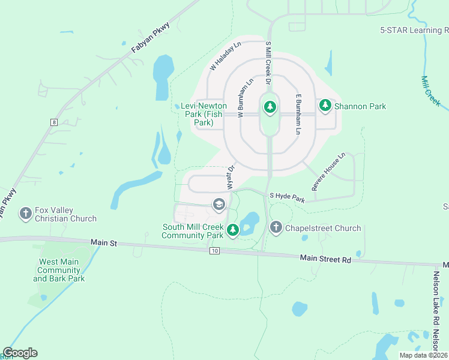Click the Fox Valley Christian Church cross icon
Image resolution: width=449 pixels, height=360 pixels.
(x=25, y=213)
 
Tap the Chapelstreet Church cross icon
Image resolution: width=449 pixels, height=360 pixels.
(x=276, y=227)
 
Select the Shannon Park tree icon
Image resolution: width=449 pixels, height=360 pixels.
(x=325, y=106)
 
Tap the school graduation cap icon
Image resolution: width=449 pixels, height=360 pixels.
(x=218, y=205)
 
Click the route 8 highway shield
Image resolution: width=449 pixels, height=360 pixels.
(x=54, y=122)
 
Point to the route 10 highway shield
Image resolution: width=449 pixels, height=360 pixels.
(x=214, y=250)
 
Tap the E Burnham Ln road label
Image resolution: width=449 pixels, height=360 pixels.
(x=297, y=113)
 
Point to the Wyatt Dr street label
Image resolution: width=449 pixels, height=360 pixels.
(x=231, y=179)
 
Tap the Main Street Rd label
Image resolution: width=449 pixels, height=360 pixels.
(x=325, y=259)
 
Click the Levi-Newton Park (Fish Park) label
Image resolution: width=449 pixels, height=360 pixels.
(x=203, y=114)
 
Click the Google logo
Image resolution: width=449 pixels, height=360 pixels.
(x=20, y=353)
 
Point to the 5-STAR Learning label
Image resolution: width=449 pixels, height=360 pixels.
(x=414, y=30)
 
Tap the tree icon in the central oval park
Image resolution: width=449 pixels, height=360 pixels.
(x=270, y=107)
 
